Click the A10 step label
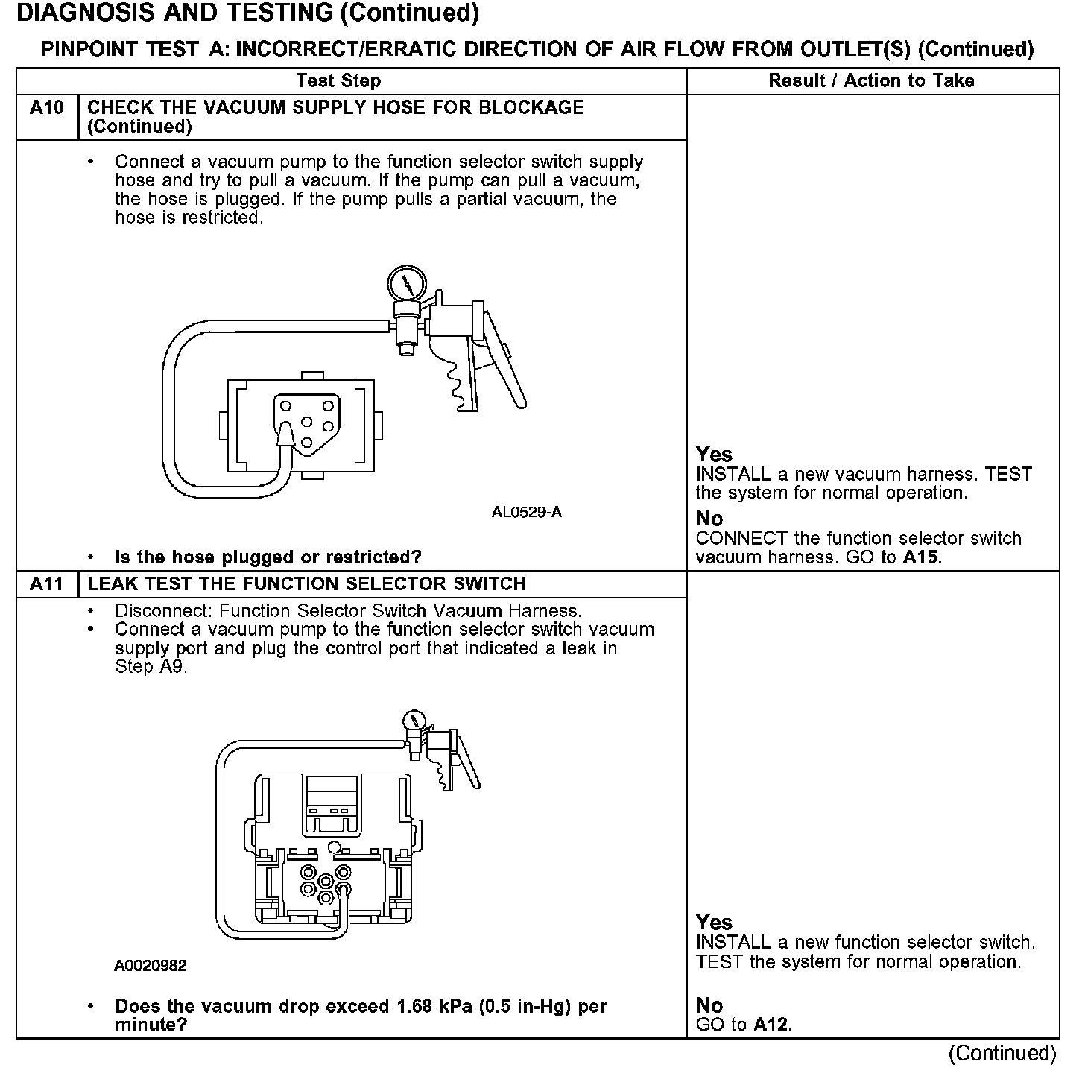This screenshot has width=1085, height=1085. pyautogui.click(x=46, y=108)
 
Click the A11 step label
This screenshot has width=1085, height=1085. pyautogui.click(x=46, y=584)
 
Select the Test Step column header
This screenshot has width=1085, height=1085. pyautogui.click(x=338, y=80)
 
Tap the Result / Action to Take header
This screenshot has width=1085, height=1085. pyautogui.click(x=871, y=80)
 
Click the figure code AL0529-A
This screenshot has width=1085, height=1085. pyautogui.click(x=526, y=513)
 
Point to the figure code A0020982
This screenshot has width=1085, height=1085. pyautogui.click(x=150, y=966)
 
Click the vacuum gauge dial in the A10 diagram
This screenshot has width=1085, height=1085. pyautogui.click(x=406, y=284)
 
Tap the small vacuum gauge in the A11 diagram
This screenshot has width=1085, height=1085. pyautogui.click(x=413, y=721)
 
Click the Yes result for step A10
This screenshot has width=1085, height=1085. pyautogui.click(x=714, y=455)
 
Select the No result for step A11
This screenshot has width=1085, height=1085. pyautogui.click(x=709, y=1006)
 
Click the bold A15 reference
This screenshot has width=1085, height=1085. pyautogui.click(x=922, y=557)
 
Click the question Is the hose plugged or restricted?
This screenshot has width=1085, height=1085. pyautogui.click(x=268, y=557)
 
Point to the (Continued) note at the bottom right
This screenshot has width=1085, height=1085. pyautogui.click(x=1002, y=1054)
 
